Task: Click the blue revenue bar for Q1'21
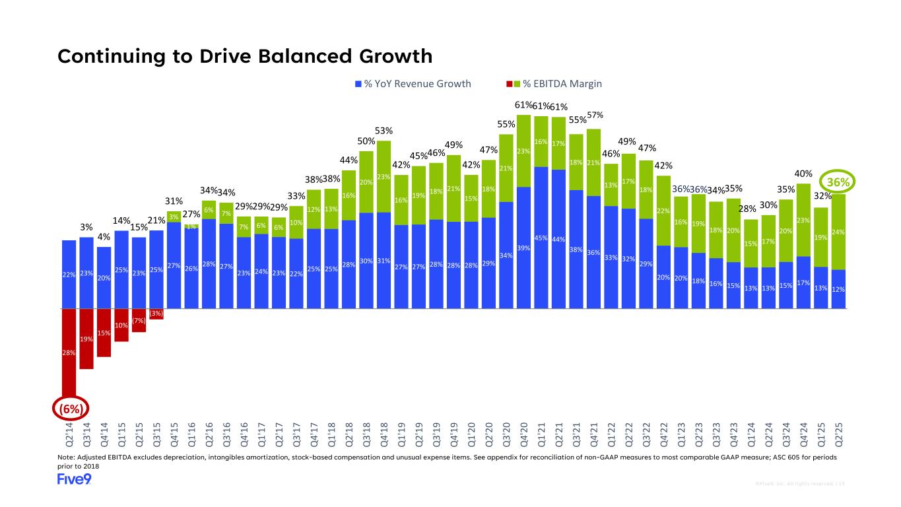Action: (541, 238)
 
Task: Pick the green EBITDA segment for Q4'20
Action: (524, 151)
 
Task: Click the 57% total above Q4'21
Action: (595, 116)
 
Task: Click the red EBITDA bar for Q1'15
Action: (121, 325)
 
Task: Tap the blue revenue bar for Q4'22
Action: (663, 277)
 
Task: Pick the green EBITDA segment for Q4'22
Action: (663, 211)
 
